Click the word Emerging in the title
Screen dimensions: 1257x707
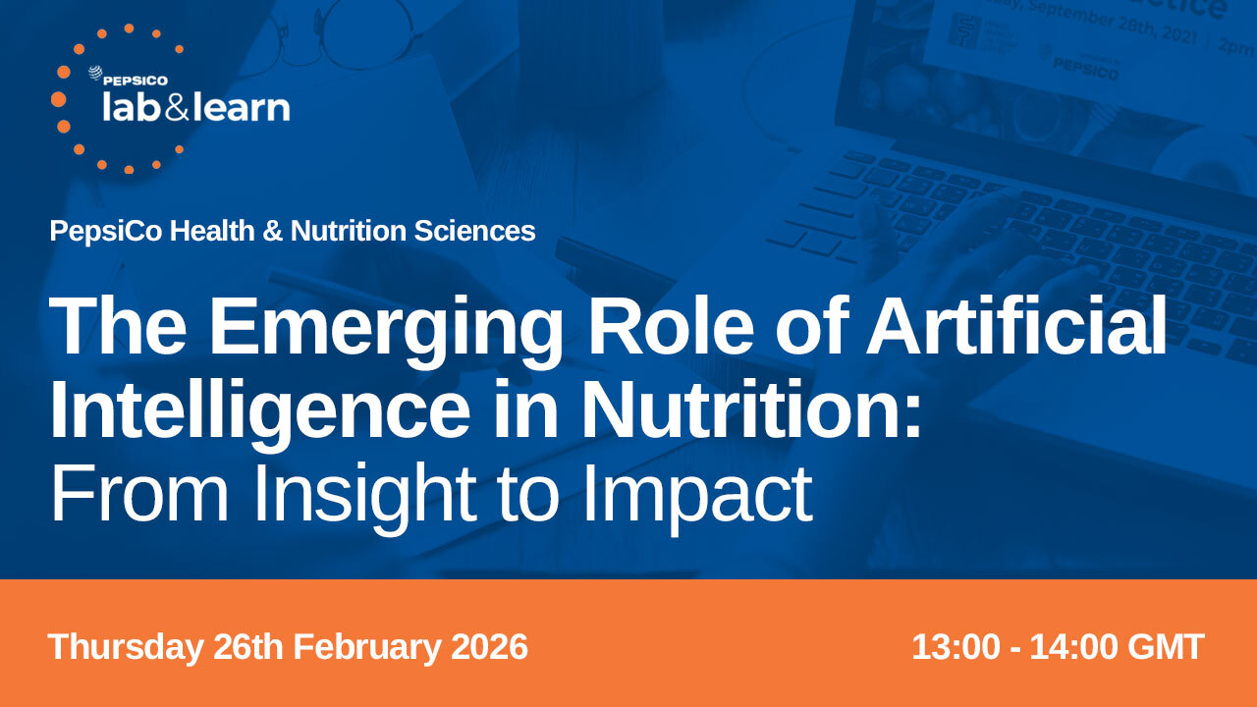(x=385, y=332)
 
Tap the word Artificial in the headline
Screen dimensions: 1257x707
(x=1016, y=325)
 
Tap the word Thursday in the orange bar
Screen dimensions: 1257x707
(x=125, y=647)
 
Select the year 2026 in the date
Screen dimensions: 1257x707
(x=489, y=646)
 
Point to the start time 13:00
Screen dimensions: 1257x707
(x=956, y=647)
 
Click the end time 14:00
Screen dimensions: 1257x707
(x=1073, y=647)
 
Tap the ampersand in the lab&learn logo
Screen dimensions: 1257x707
(x=177, y=108)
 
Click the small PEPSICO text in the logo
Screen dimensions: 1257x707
(x=136, y=81)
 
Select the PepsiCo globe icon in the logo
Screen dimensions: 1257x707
(x=95, y=74)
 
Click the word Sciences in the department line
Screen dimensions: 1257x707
(x=474, y=231)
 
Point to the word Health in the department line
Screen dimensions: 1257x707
(x=212, y=231)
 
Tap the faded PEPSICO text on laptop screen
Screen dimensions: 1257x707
(x=1085, y=69)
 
